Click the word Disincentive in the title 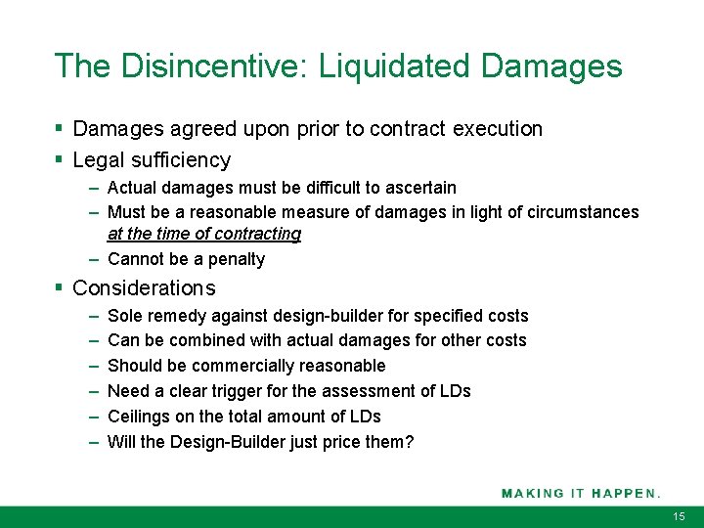(208, 66)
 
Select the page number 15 (680, 515)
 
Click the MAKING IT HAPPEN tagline (581, 493)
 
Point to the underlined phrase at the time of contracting (203, 235)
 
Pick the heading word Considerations (144, 288)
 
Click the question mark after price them (410, 442)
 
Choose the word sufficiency (180, 160)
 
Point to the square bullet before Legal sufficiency (60, 159)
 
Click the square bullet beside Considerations (60, 287)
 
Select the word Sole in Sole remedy (124, 316)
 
